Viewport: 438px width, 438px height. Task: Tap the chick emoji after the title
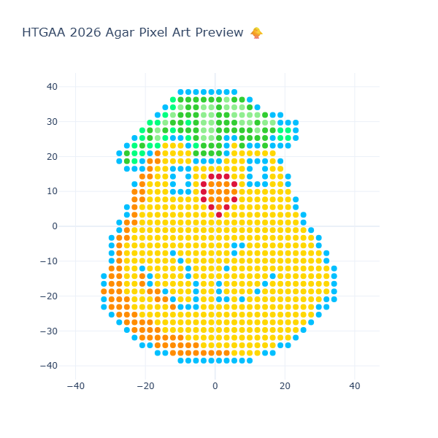coord(256,33)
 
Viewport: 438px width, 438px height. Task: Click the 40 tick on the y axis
coord(53,86)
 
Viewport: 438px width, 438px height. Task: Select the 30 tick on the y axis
coord(53,121)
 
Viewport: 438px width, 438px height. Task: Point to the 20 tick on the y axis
coord(53,156)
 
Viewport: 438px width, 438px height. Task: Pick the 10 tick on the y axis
coord(53,191)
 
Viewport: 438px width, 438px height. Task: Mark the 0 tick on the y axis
coord(55,226)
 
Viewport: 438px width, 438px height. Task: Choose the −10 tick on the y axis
coord(50,261)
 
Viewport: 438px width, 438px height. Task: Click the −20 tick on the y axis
coord(50,296)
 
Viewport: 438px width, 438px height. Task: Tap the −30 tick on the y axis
coord(50,331)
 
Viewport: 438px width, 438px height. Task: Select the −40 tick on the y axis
coord(50,366)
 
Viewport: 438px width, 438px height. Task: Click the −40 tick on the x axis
coord(75,386)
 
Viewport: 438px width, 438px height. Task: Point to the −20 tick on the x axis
coord(145,386)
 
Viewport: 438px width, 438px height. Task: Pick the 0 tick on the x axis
coord(215,386)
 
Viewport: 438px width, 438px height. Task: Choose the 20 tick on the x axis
coord(285,386)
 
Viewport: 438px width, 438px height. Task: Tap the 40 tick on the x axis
coord(354,386)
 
